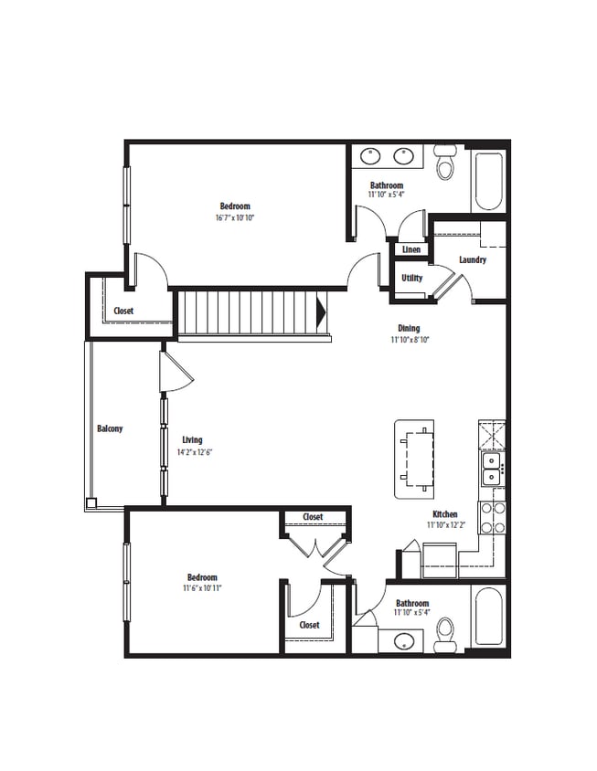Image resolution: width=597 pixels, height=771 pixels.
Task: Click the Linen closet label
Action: pos(411,249)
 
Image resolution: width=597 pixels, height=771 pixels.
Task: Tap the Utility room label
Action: pos(411,278)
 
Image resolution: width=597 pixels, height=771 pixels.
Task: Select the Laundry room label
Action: pos(473,260)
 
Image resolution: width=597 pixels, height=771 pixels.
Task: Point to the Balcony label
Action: pos(110,428)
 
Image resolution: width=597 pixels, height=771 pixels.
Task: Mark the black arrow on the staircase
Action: pos(320,313)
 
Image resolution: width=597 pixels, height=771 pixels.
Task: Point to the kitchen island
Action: pos(417,459)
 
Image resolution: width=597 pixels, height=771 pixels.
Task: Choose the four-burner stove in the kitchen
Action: pos(492,517)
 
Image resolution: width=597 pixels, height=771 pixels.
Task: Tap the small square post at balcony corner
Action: pos(91,502)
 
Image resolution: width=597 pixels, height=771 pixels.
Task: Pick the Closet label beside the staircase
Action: pos(123,311)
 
